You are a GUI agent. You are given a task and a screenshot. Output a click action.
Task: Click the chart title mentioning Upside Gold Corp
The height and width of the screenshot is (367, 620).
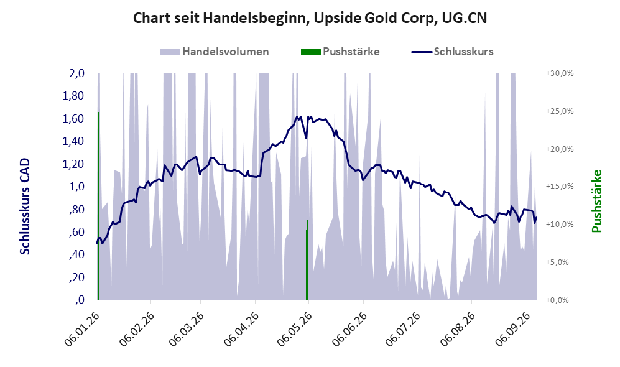coord(310,18)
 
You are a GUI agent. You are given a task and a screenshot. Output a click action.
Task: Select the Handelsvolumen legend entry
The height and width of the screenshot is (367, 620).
coord(215,52)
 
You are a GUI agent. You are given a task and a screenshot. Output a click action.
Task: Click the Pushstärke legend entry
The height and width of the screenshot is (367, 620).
coord(340,52)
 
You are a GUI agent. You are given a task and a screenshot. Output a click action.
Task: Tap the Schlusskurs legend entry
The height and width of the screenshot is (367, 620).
coord(452,52)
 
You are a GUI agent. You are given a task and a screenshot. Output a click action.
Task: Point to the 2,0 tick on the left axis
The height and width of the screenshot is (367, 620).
coord(76,73)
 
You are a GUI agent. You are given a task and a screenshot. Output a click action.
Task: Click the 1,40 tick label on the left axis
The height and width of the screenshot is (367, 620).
coord(73,141)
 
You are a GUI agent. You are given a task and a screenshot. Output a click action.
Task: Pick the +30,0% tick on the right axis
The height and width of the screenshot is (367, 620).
coord(560,73)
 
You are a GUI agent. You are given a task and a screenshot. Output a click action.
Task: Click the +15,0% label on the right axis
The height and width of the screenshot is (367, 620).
coord(560,186)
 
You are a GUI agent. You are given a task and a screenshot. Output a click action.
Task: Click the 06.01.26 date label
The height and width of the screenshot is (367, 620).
coord(81,329)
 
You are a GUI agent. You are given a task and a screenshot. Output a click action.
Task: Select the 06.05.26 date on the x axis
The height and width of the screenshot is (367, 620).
coord(294,329)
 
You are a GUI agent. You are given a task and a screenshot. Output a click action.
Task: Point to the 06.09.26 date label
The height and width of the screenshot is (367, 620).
coord(512,329)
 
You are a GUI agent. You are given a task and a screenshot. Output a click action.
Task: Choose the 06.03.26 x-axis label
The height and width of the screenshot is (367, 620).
coord(186,329)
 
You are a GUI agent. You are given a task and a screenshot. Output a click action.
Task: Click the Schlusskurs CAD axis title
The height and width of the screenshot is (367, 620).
coord(24,207)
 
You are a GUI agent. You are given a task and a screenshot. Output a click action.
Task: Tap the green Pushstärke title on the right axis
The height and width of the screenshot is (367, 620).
coord(596,201)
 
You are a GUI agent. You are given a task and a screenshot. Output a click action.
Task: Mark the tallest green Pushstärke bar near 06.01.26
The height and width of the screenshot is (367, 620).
coord(98,206)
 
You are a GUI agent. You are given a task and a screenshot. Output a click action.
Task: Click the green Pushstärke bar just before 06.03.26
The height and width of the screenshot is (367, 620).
coord(198,265)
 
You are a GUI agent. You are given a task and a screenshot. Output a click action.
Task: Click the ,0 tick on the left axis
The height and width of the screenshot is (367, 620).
coord(80,300)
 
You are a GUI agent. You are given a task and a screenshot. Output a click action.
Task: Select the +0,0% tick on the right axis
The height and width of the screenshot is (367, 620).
coord(557,300)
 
